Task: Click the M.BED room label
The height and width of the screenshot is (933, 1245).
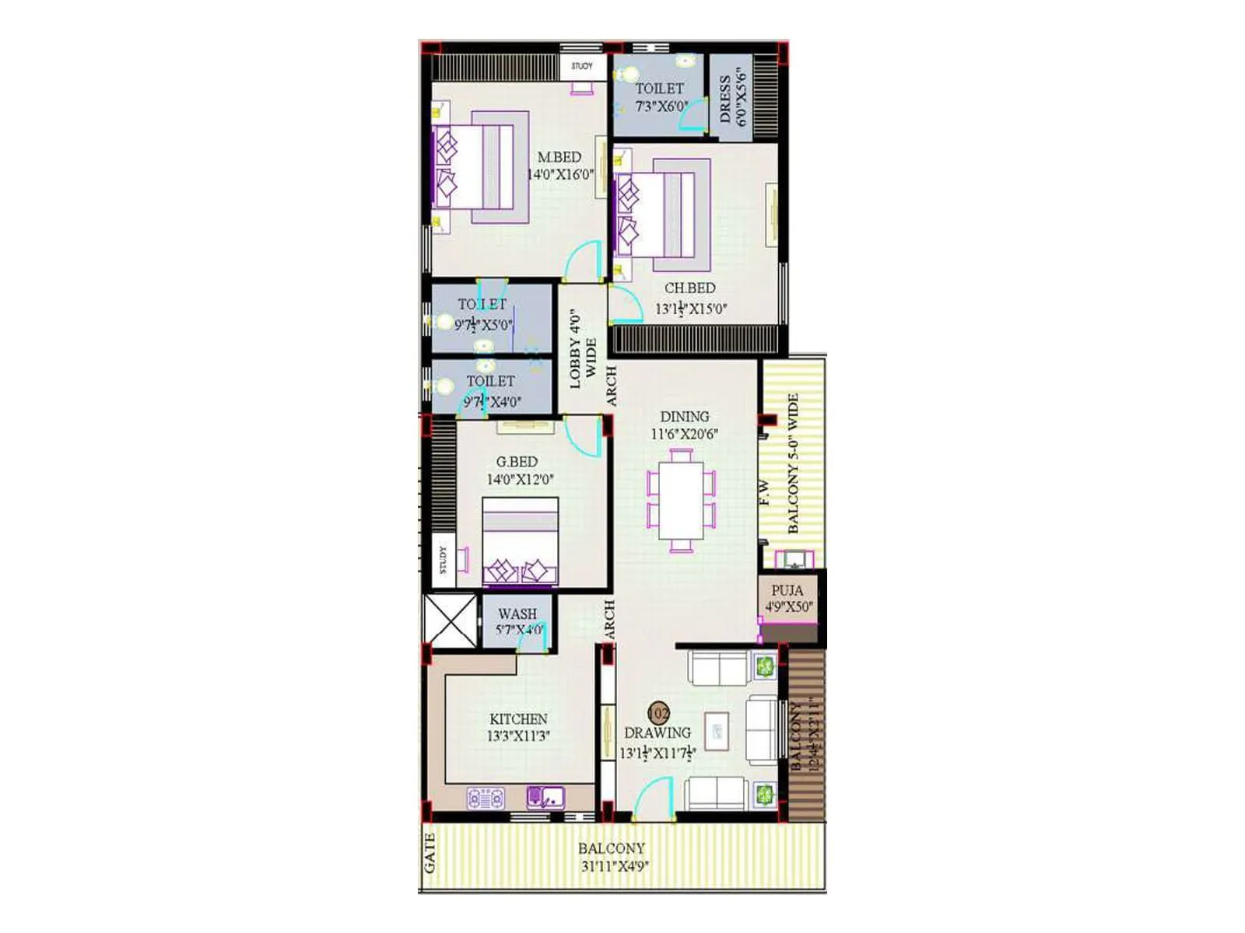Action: pyautogui.click(x=559, y=157)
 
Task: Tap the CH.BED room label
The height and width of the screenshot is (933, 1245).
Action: pyautogui.click(x=689, y=288)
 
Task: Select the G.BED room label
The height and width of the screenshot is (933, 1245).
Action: pyautogui.click(x=517, y=462)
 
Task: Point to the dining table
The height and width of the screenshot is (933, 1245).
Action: pyautogui.click(x=681, y=501)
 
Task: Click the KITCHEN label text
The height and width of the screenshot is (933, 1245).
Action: pyautogui.click(x=518, y=719)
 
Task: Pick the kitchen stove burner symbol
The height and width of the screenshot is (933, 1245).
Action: pyautogui.click(x=486, y=798)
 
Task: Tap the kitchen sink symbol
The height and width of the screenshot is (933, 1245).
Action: pyautogui.click(x=545, y=798)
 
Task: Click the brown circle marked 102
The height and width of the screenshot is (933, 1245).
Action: pyautogui.click(x=658, y=712)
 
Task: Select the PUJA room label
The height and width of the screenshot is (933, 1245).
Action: pyautogui.click(x=787, y=590)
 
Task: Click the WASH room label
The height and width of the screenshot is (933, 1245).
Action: pyautogui.click(x=517, y=614)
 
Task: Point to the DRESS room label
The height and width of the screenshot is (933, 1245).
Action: pyautogui.click(x=725, y=99)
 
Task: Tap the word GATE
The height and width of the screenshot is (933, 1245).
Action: pyautogui.click(x=430, y=852)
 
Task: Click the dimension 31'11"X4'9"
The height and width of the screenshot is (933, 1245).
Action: pyautogui.click(x=615, y=866)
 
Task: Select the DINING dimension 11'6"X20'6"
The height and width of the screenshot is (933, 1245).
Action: pyautogui.click(x=684, y=434)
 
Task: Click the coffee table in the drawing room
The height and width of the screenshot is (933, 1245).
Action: pyautogui.click(x=717, y=732)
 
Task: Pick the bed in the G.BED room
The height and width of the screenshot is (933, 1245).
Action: pyautogui.click(x=520, y=541)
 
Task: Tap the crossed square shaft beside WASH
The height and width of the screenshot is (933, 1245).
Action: pyautogui.click(x=449, y=620)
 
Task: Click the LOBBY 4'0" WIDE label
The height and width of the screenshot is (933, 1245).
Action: pyautogui.click(x=583, y=349)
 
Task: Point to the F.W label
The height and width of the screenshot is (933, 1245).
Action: pyautogui.click(x=766, y=493)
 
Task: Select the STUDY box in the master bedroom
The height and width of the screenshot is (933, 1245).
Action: pyautogui.click(x=582, y=66)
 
